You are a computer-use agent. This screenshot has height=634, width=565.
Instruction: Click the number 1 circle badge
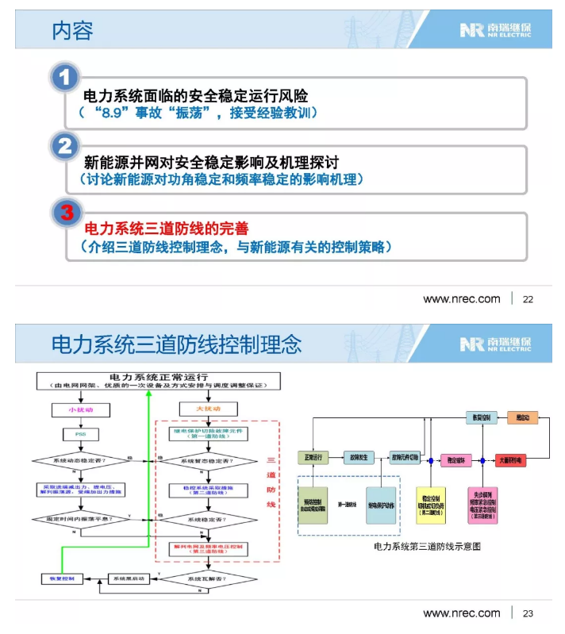[x=66, y=79]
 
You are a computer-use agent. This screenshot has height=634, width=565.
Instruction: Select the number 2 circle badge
[x=66, y=146]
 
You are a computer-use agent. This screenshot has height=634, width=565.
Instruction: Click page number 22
[x=528, y=299]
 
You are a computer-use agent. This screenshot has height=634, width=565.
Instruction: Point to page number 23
[x=528, y=613]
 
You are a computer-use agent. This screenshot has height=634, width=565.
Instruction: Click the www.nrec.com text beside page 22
[x=461, y=299]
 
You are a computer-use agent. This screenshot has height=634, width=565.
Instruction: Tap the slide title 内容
[x=72, y=30]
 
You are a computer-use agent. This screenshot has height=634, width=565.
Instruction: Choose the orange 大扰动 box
[x=208, y=409]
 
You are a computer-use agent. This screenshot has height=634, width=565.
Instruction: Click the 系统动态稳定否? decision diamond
[x=79, y=459]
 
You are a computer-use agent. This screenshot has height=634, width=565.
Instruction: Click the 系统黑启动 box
[x=128, y=579]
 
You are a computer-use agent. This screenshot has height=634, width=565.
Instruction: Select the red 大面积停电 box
[x=509, y=459]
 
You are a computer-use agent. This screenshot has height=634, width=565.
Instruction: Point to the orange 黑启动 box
[x=522, y=417]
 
